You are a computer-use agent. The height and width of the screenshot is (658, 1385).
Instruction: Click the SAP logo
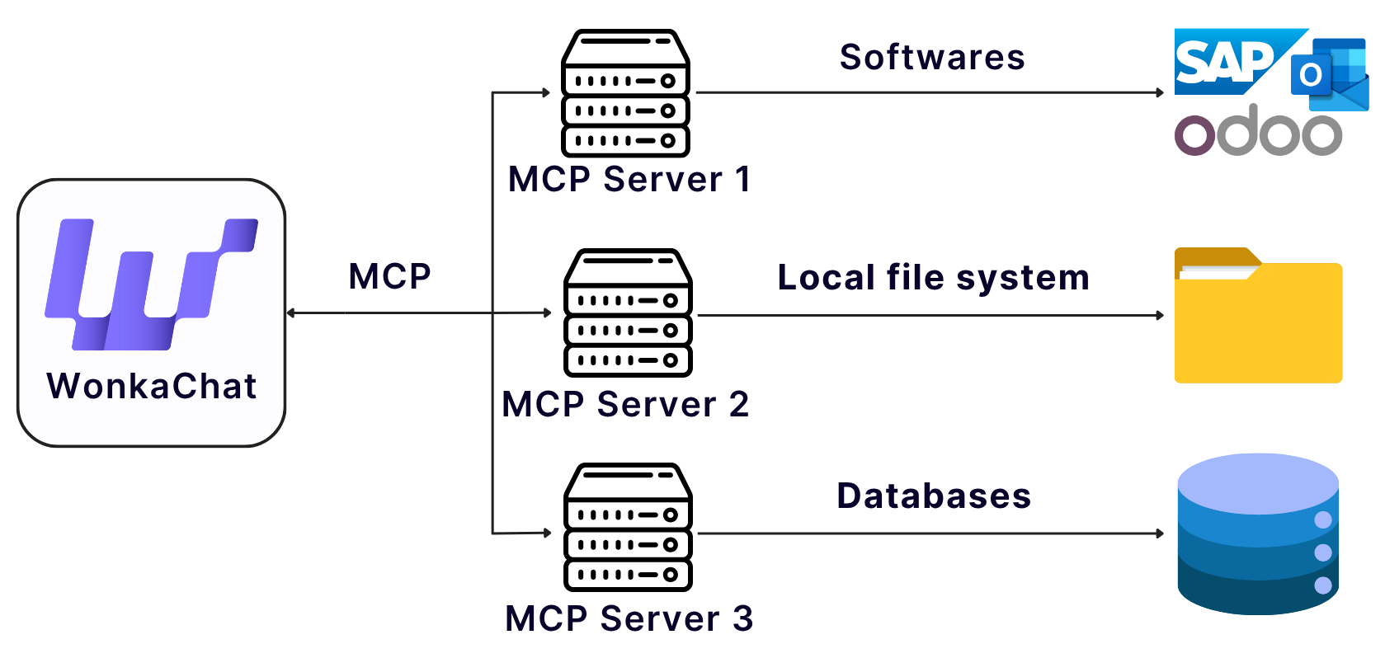(1225, 62)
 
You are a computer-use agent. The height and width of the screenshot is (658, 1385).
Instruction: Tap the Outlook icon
(1328, 74)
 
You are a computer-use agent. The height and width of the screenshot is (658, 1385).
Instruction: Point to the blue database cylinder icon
(1257, 534)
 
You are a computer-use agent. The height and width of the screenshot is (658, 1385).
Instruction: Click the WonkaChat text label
(152, 386)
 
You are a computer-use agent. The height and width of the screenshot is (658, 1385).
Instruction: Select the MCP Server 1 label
(629, 180)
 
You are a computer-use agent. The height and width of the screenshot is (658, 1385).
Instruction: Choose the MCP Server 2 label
(625, 405)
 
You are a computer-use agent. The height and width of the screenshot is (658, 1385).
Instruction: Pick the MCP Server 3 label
(629, 618)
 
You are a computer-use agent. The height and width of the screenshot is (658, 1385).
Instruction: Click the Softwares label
(932, 58)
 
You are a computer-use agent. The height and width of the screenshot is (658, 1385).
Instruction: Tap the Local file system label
(933, 278)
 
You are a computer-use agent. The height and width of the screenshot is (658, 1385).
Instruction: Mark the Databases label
(933, 496)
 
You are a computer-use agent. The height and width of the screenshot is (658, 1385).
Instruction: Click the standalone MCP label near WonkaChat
(389, 276)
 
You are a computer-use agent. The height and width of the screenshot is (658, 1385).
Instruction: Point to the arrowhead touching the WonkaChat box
(291, 313)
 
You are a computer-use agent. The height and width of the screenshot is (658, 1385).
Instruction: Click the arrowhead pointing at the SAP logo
(1160, 93)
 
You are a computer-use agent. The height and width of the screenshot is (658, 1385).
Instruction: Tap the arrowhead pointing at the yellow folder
(1160, 315)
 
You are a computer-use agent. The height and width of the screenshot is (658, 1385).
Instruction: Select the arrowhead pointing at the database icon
(1160, 533)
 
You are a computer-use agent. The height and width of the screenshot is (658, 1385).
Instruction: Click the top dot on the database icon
(1323, 519)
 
